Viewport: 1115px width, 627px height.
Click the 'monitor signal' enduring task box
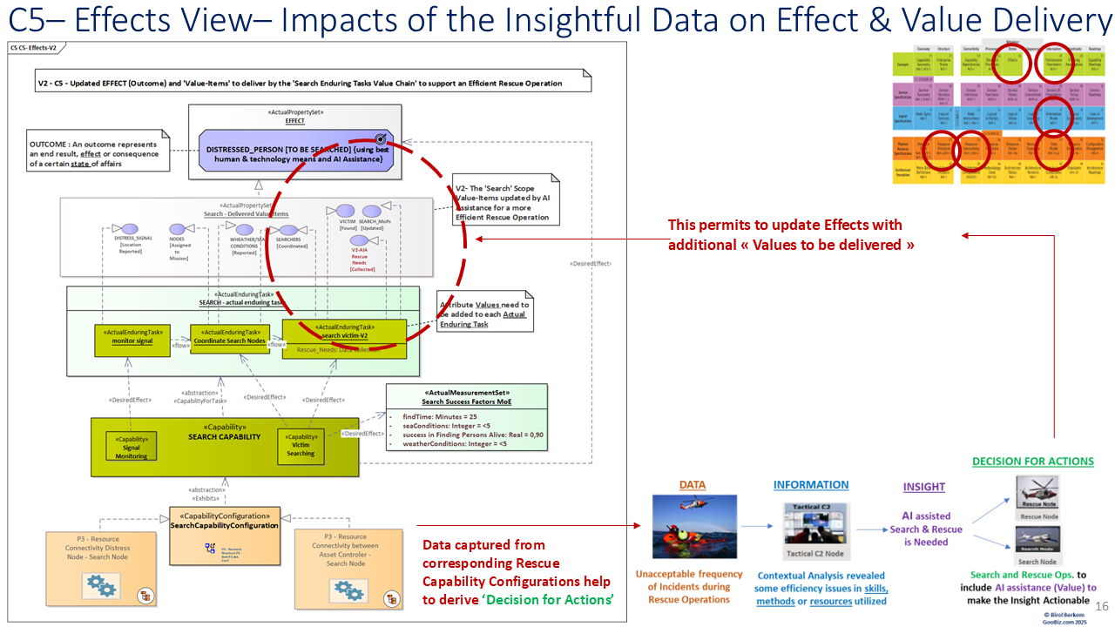pos(131,339)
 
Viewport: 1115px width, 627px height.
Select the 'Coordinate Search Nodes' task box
pos(230,339)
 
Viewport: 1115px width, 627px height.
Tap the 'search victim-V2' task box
pos(343,334)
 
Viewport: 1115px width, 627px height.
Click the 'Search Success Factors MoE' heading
pos(466,401)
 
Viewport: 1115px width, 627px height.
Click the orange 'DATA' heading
pos(693,485)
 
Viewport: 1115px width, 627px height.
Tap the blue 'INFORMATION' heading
pos(810,485)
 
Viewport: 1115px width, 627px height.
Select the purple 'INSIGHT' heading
pos(924,487)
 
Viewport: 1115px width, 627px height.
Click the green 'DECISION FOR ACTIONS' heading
pos(1032,462)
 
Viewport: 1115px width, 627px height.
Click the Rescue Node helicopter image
pos(1037,492)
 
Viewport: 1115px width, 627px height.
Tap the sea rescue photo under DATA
pos(693,527)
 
